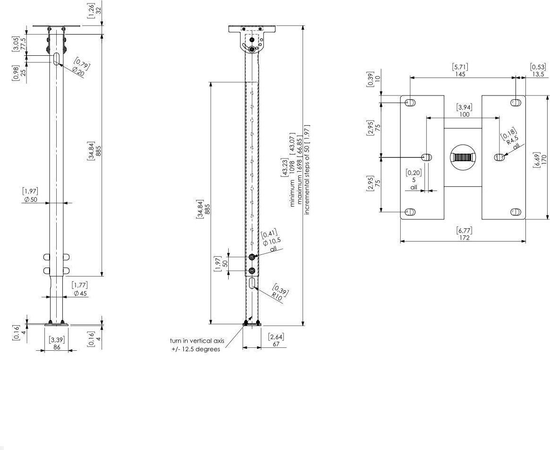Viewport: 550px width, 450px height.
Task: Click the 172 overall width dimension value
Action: pyautogui.click(x=464, y=237)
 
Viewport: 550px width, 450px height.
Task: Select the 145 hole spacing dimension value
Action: pyautogui.click(x=460, y=74)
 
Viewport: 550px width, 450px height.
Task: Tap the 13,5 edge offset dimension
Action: pyautogui.click(x=538, y=74)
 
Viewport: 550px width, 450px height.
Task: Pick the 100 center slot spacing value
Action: pyautogui.click(x=464, y=114)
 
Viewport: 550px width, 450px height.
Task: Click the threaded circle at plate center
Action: pyautogui.click(x=462, y=157)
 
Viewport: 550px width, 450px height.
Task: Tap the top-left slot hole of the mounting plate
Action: pyautogui.click(x=410, y=103)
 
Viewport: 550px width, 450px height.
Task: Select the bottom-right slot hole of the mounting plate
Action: pyautogui.click(x=516, y=212)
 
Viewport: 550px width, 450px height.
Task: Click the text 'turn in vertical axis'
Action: pyautogui.click(x=197, y=341)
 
